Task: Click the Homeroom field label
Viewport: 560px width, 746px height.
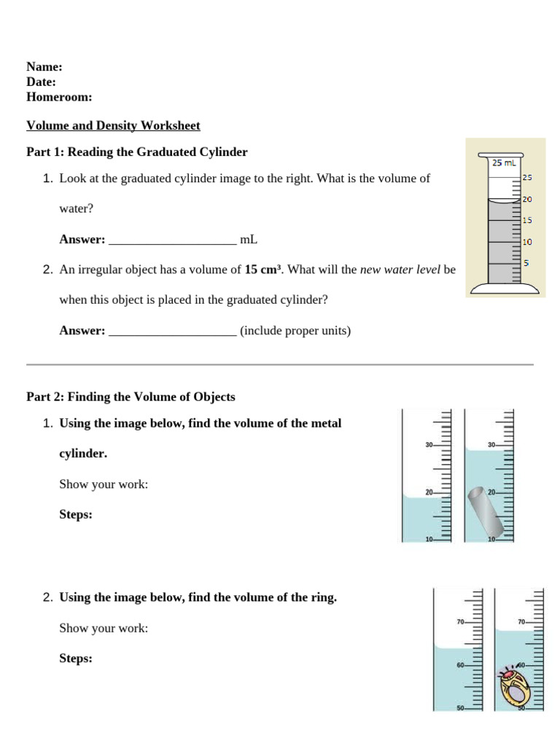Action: (58, 97)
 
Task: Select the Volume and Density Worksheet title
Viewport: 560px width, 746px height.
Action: (113, 126)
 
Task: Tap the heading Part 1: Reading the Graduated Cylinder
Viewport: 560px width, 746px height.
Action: (137, 152)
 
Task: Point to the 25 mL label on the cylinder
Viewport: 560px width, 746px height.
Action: (504, 162)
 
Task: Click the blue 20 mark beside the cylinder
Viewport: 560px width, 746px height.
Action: (528, 199)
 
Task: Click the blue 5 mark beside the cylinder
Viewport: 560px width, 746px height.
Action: (526, 262)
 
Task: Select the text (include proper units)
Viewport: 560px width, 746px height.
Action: (295, 331)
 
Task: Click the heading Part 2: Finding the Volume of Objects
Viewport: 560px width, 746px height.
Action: (131, 397)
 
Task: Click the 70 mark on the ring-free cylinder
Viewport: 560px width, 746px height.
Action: (460, 622)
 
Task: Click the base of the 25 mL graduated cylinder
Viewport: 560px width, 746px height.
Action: (505, 289)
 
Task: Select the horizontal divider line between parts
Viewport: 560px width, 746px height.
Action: (280, 364)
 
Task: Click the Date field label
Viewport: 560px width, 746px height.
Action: (41, 82)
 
